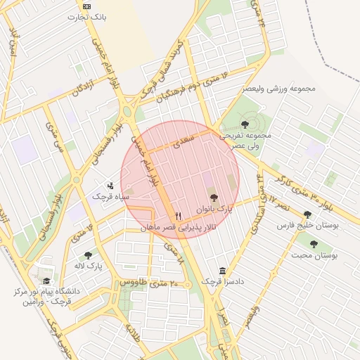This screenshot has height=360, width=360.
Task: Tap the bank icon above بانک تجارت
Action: point(86,6)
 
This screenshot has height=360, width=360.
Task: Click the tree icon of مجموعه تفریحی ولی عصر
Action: point(244,124)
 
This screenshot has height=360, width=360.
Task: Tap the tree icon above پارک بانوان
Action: point(214,198)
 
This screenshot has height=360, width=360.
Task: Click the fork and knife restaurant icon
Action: point(178,216)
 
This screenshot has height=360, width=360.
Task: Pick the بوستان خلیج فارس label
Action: point(307,226)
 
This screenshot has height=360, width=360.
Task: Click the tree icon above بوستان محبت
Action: point(314,245)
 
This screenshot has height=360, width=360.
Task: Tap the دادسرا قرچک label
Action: point(223,282)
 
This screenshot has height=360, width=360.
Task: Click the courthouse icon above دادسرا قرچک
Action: point(223,271)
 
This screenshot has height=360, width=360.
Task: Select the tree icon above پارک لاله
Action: point(89,256)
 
